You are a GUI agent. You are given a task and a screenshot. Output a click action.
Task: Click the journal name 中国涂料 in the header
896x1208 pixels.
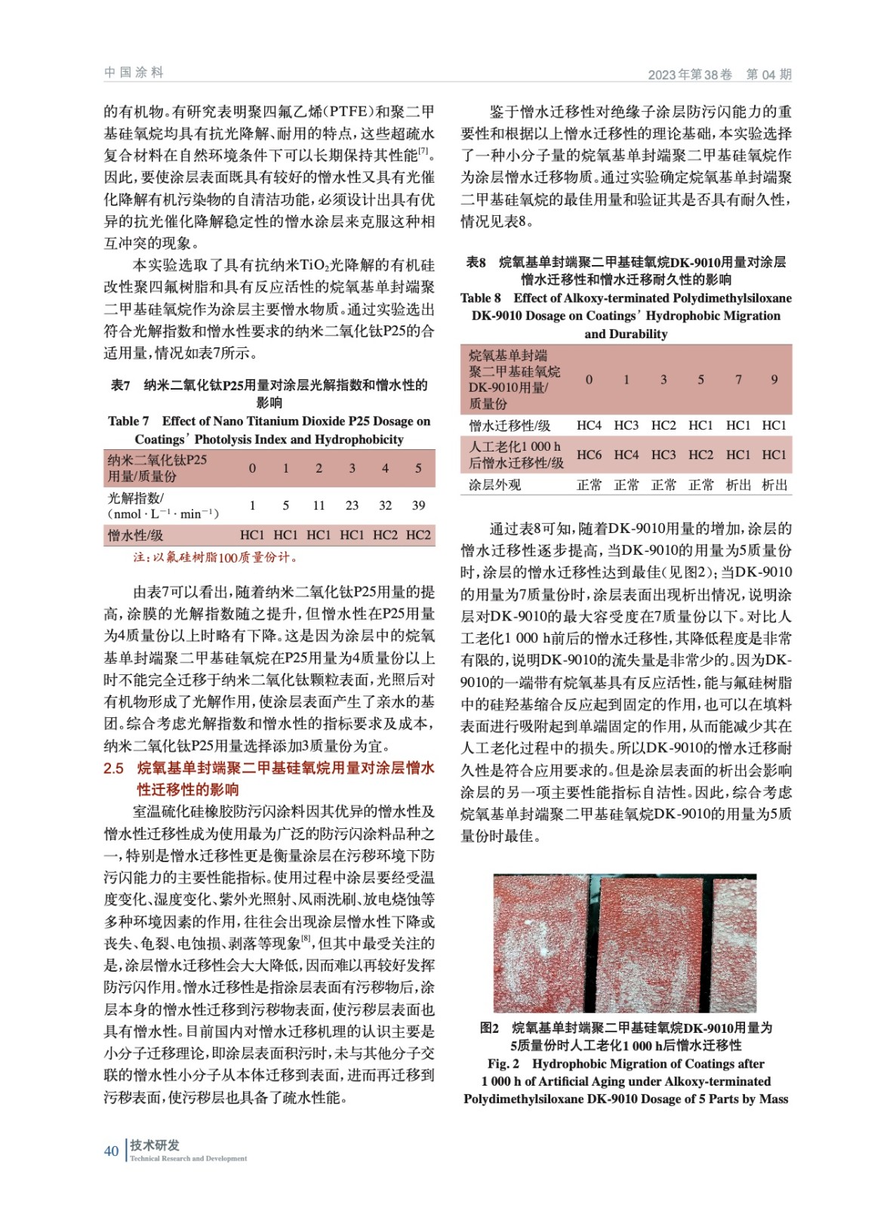coord(134,72)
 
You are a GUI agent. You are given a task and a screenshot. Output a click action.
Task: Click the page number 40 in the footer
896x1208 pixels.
coord(111,1151)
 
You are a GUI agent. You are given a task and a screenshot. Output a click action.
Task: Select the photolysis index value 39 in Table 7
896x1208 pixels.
coord(418,505)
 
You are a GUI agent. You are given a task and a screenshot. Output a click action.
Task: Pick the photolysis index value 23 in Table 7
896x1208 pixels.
coord(352,505)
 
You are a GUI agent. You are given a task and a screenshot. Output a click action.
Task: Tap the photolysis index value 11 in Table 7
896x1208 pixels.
coord(319,505)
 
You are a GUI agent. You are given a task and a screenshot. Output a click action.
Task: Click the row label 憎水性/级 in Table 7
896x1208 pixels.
coord(135,535)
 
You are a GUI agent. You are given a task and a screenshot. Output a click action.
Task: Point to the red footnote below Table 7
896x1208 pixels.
coord(216,557)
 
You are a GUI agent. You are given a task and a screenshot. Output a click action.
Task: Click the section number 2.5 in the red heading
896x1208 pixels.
coord(114,768)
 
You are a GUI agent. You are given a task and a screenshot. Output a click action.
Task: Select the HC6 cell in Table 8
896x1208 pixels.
coord(589,455)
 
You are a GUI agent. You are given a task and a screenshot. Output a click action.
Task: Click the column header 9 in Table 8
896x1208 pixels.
coord(774,379)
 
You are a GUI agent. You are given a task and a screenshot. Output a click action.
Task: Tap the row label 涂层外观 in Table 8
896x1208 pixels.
coord(494,485)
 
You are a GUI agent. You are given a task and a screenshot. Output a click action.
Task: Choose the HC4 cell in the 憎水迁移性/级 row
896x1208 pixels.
coord(589,425)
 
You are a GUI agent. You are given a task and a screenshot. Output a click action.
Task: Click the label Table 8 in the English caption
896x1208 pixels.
coord(481,298)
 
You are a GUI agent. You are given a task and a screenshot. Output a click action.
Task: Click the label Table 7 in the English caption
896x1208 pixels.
coord(128,421)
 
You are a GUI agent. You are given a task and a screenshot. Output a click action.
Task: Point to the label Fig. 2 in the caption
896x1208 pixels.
coord(503,1064)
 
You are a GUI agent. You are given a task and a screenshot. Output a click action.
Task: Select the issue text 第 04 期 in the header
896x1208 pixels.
coord(768,74)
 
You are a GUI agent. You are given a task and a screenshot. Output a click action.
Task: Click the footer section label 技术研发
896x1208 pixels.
coord(155,1145)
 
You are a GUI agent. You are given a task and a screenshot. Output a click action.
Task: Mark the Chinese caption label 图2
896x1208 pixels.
coord(489,1028)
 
